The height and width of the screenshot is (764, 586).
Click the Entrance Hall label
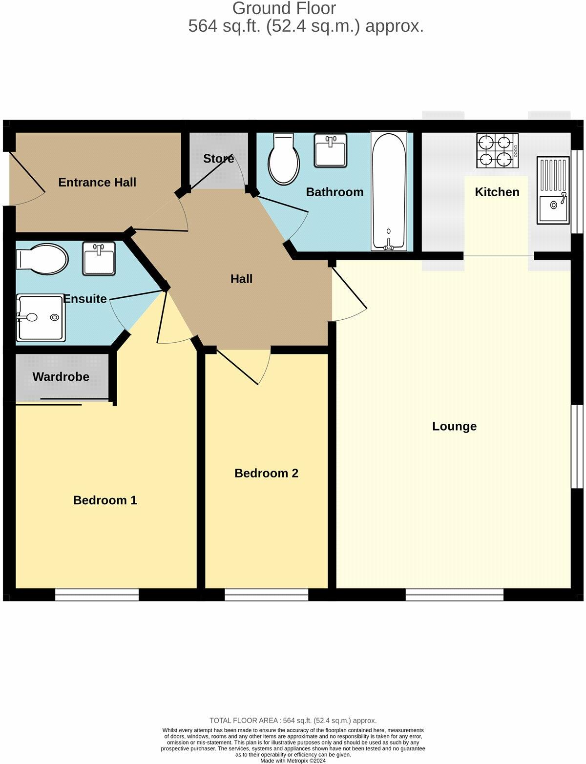[x=97, y=183]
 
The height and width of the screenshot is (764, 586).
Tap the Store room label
[x=218, y=159]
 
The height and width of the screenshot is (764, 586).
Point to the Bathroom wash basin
[x=331, y=150]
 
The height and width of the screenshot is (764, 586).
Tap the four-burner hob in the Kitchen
[x=497, y=151]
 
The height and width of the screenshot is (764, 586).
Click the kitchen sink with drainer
[x=553, y=190]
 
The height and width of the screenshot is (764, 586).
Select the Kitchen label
[x=497, y=192]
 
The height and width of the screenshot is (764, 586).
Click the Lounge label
[x=454, y=426]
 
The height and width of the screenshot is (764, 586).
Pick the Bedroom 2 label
[x=266, y=473]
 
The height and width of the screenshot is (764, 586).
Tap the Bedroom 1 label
[x=105, y=500]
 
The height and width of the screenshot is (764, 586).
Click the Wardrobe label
[x=61, y=377]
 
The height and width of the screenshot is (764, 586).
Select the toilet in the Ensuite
[x=42, y=257]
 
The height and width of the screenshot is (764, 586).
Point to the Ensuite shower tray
[x=41, y=317]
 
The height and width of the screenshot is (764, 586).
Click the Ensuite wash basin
[x=99, y=258]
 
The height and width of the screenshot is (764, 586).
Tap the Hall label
[x=241, y=279]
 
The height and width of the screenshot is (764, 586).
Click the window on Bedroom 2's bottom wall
[x=267, y=595]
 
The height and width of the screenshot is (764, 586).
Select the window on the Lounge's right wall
[x=577, y=446]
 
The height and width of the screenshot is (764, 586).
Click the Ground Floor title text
[x=284, y=8]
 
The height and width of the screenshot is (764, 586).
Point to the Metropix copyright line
[x=293, y=761]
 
